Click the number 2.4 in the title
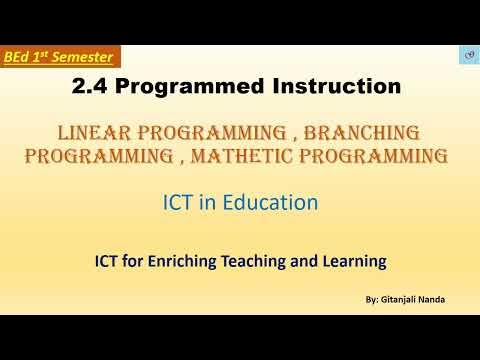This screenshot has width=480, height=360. [92, 88]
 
